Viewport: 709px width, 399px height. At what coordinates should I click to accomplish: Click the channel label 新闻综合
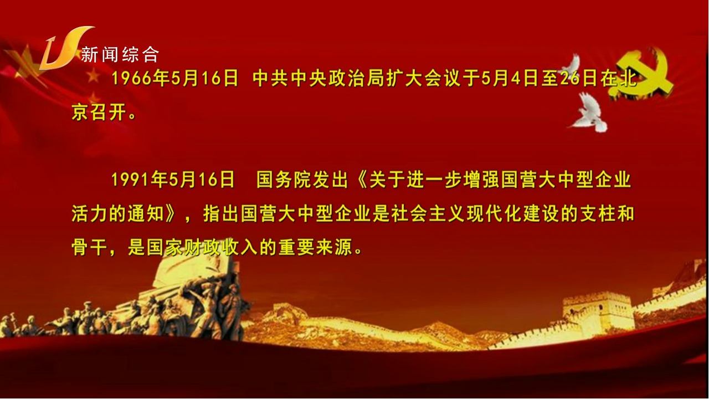pos(120,54)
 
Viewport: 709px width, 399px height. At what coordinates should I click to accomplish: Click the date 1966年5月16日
pos(174,79)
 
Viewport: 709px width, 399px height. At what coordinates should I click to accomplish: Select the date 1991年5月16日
pos(173,180)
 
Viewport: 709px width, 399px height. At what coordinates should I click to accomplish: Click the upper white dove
pos(572,65)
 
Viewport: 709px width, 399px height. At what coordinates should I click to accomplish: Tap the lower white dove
pos(589,113)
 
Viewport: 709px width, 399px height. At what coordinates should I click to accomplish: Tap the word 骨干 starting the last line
pos(90,247)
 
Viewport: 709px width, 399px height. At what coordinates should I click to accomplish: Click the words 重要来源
pos(315,247)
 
